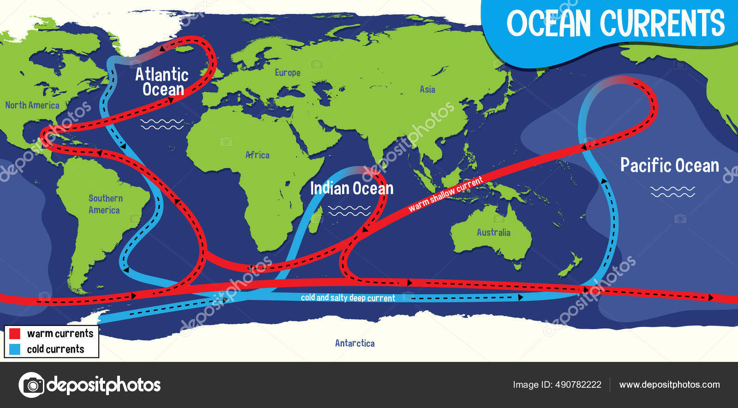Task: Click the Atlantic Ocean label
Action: (162, 82)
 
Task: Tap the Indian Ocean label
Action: (351, 188)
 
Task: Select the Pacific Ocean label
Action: (669, 165)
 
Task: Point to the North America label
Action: (32, 105)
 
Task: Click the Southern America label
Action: (105, 204)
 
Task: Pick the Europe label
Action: (287, 73)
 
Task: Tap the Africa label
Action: (257, 155)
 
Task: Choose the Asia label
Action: (427, 89)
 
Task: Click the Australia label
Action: (493, 232)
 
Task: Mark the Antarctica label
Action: (355, 343)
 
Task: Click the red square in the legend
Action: (15, 333)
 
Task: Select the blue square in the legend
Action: (15, 349)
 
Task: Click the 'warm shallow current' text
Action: (446, 194)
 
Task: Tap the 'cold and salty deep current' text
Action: (348, 298)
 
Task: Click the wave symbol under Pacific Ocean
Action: (673, 191)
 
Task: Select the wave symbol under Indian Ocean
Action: (349, 211)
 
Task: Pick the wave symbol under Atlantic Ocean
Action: (162, 124)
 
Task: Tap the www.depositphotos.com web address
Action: (669, 384)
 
